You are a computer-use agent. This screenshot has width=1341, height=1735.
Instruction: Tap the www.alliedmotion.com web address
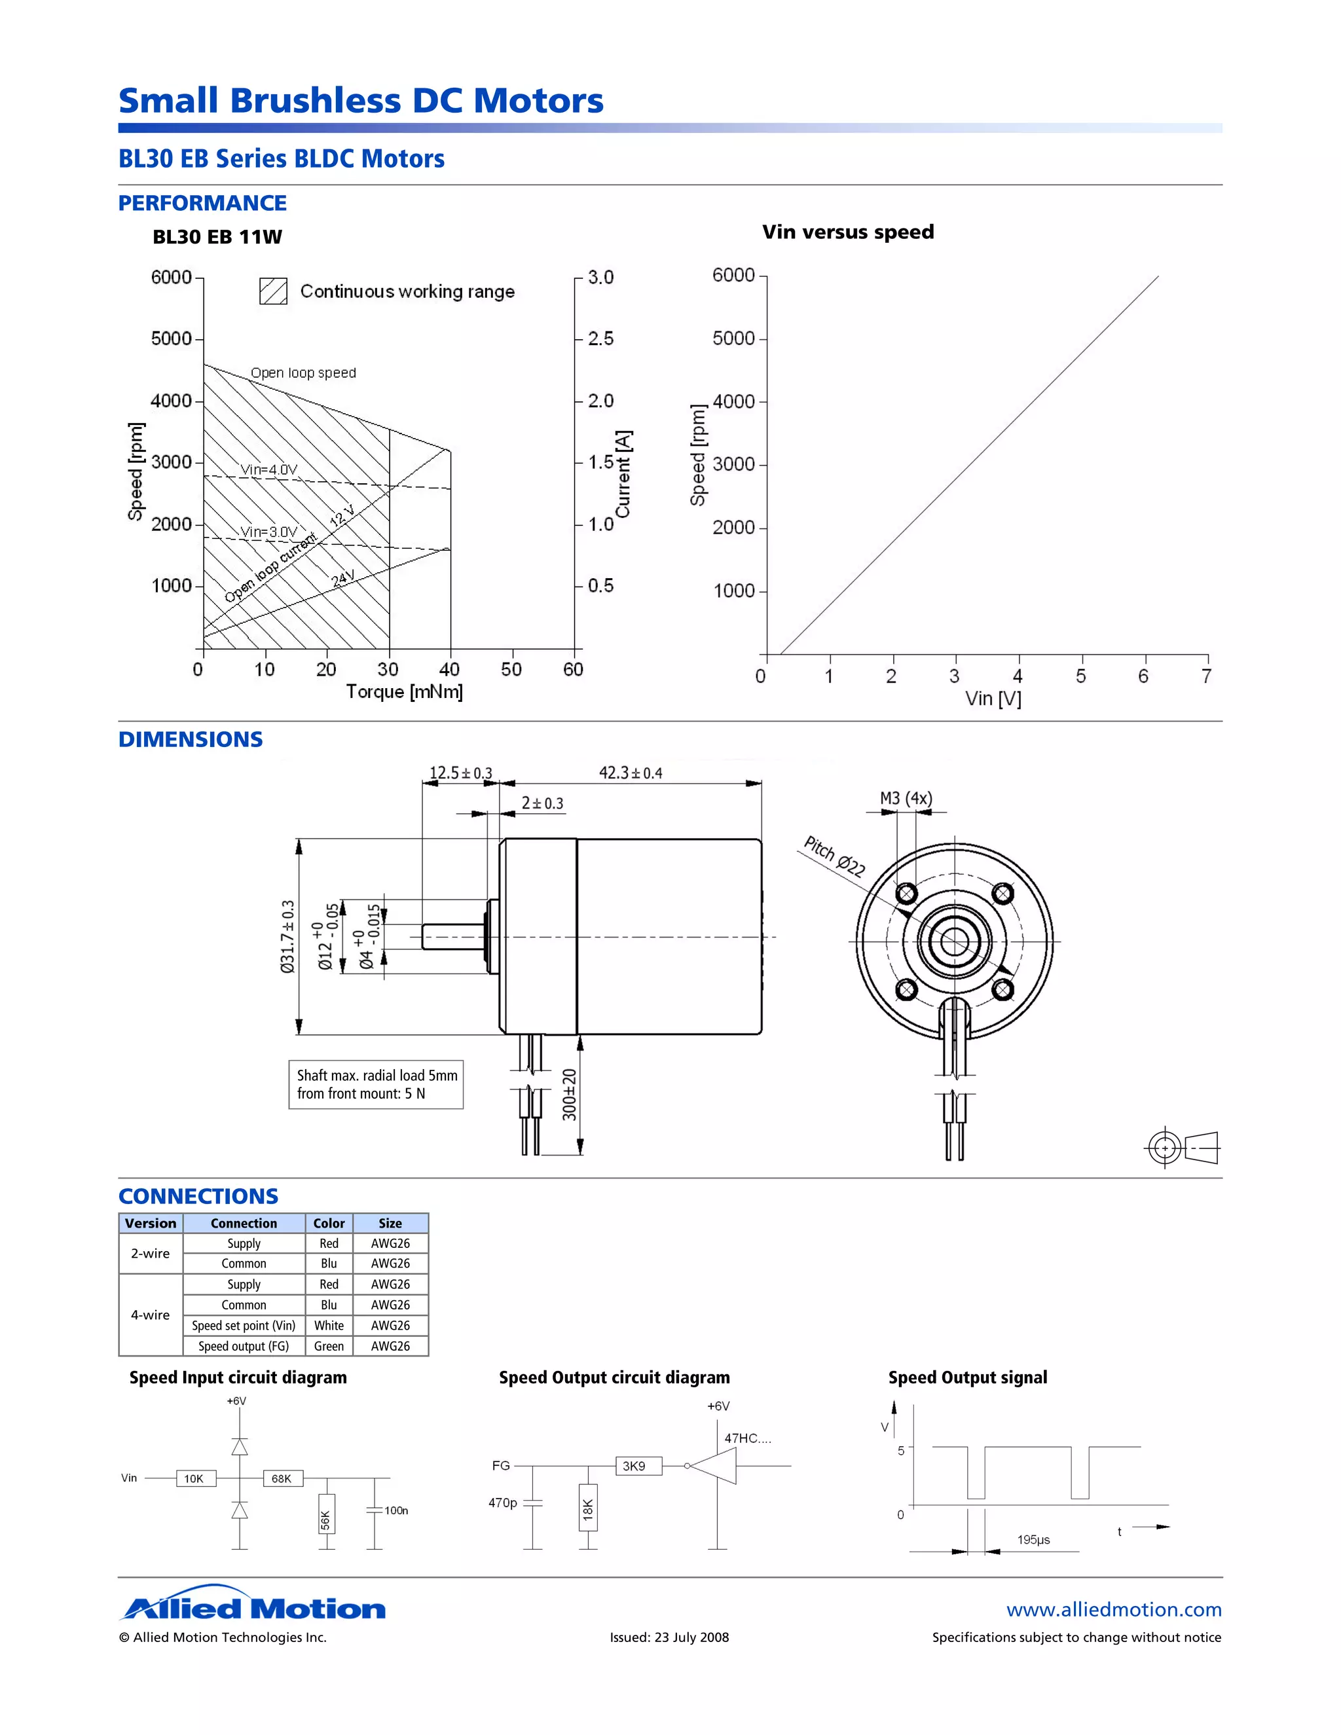(x=1113, y=1609)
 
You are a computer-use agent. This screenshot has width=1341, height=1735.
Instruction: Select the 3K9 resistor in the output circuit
(x=638, y=1466)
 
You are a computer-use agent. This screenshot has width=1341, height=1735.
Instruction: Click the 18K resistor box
(x=588, y=1507)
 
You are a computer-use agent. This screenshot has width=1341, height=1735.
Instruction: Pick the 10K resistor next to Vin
(x=195, y=1478)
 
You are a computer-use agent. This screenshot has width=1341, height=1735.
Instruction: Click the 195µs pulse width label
(x=1033, y=1540)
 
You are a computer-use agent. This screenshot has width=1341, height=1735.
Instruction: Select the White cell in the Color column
(x=329, y=1325)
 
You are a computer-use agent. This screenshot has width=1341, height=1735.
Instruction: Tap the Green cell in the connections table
(x=329, y=1345)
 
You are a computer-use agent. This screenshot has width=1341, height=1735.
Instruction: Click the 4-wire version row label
(x=150, y=1315)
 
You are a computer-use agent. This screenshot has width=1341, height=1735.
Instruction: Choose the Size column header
(x=390, y=1224)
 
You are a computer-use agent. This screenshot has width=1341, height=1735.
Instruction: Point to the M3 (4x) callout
(x=906, y=797)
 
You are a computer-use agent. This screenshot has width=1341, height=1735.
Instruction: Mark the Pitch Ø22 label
(x=834, y=856)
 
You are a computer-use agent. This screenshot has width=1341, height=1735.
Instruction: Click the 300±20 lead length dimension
(x=570, y=1095)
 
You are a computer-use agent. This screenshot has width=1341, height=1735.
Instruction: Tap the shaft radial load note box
(x=376, y=1084)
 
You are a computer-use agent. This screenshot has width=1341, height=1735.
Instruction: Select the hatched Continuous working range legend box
(x=273, y=291)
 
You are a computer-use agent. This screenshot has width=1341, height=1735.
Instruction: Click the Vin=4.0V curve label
(x=268, y=469)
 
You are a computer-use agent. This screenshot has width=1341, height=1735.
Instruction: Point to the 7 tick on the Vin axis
(x=1207, y=676)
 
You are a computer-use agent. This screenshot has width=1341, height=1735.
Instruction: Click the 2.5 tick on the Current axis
(x=600, y=338)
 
